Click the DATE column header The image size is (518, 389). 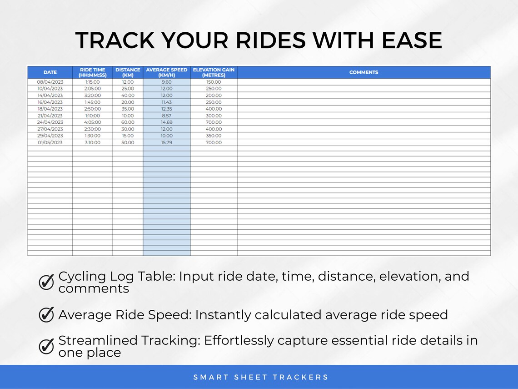(50, 72)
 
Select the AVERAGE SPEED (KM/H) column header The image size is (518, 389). (166, 72)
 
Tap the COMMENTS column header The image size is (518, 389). (364, 72)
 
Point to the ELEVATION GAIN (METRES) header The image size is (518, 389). (214, 72)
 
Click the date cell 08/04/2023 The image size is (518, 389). (50, 82)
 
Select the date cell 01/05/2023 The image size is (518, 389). (50, 143)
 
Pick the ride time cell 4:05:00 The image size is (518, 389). (92, 122)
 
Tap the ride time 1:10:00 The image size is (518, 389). (92, 116)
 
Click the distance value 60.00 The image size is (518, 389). (128, 122)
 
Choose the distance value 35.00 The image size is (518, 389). (128, 109)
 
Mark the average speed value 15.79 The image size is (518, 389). (167, 143)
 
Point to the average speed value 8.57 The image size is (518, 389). (167, 116)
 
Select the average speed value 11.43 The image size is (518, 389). (167, 102)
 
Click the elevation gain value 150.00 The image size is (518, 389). (214, 82)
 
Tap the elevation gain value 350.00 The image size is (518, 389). (214, 136)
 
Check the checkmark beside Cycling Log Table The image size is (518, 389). (46, 283)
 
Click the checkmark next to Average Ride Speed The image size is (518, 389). (46, 314)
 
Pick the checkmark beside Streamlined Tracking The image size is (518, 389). (46, 346)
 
